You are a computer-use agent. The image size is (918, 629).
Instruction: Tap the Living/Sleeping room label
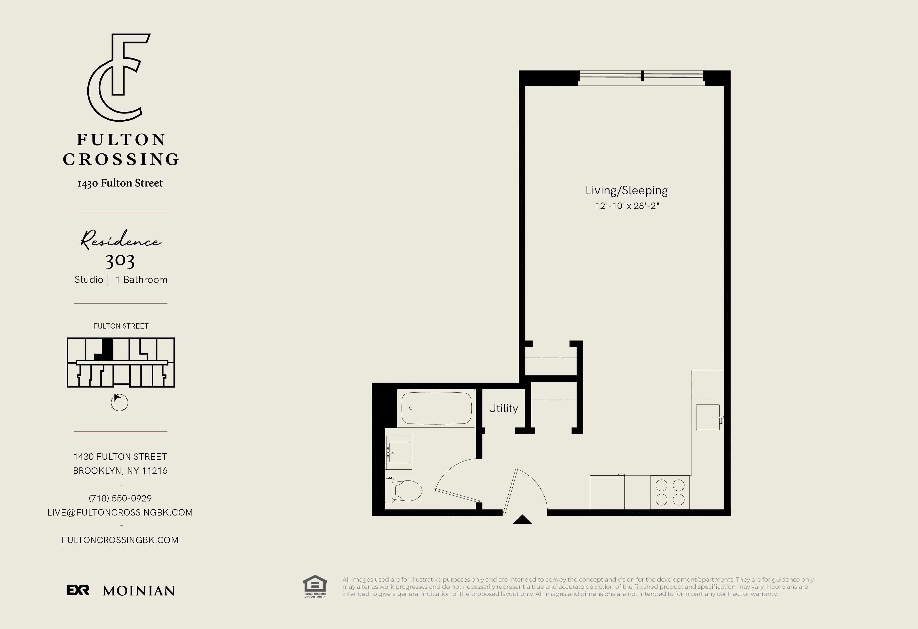627,190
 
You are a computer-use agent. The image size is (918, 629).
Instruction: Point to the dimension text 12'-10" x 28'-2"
627,206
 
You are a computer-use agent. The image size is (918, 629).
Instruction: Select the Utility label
503,408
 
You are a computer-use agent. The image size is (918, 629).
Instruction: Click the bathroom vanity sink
399,452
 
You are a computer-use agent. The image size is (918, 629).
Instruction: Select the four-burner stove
670,492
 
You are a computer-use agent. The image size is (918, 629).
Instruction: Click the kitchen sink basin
708,417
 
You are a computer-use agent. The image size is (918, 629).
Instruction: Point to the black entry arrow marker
522,520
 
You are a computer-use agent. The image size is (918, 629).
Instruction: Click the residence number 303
120,260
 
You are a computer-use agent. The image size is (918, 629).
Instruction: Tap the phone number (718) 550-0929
120,498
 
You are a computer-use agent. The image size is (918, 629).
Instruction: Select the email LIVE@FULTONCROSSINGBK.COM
120,512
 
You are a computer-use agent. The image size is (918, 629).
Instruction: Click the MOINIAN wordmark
139,591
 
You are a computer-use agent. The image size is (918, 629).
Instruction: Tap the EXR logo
78,590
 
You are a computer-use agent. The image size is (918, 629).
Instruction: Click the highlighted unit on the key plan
107,349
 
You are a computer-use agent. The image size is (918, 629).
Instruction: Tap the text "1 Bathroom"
141,279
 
